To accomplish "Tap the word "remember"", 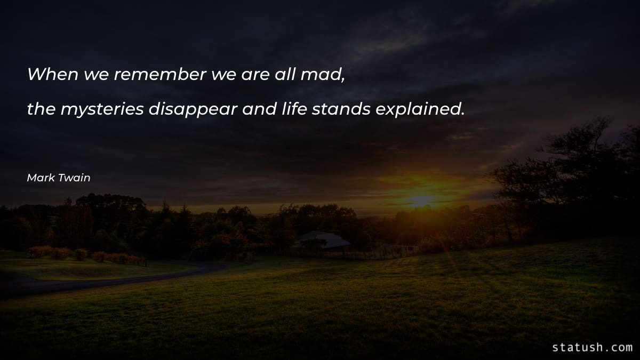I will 159,74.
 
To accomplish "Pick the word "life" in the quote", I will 292,109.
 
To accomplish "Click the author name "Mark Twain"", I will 59,178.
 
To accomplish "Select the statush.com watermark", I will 592,347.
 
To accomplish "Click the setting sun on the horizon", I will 422,201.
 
